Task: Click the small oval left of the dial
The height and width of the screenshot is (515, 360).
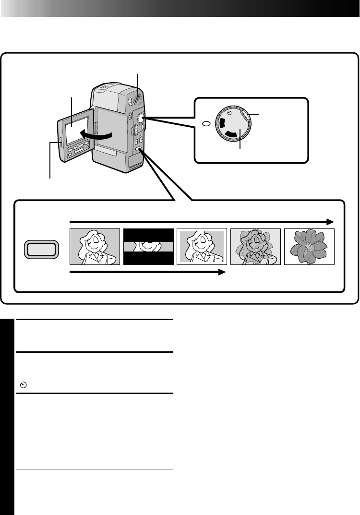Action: (x=206, y=124)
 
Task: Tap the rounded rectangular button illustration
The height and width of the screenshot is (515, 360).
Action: (x=41, y=250)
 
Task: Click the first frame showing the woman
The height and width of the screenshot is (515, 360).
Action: (x=95, y=247)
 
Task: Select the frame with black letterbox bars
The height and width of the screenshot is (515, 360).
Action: (x=148, y=247)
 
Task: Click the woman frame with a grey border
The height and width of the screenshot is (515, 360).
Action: (x=202, y=247)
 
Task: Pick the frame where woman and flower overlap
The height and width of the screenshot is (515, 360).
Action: (x=255, y=247)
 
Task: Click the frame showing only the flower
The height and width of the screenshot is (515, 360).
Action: (x=309, y=247)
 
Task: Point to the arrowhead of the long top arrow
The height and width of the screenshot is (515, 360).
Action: (x=330, y=222)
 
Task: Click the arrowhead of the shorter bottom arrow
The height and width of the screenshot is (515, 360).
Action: (x=222, y=272)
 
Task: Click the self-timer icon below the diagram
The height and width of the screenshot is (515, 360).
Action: (x=23, y=385)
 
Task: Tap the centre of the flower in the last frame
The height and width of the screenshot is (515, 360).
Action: (x=310, y=248)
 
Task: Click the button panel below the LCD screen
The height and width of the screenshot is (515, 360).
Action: (x=79, y=153)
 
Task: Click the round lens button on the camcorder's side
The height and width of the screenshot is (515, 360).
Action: (x=141, y=118)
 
